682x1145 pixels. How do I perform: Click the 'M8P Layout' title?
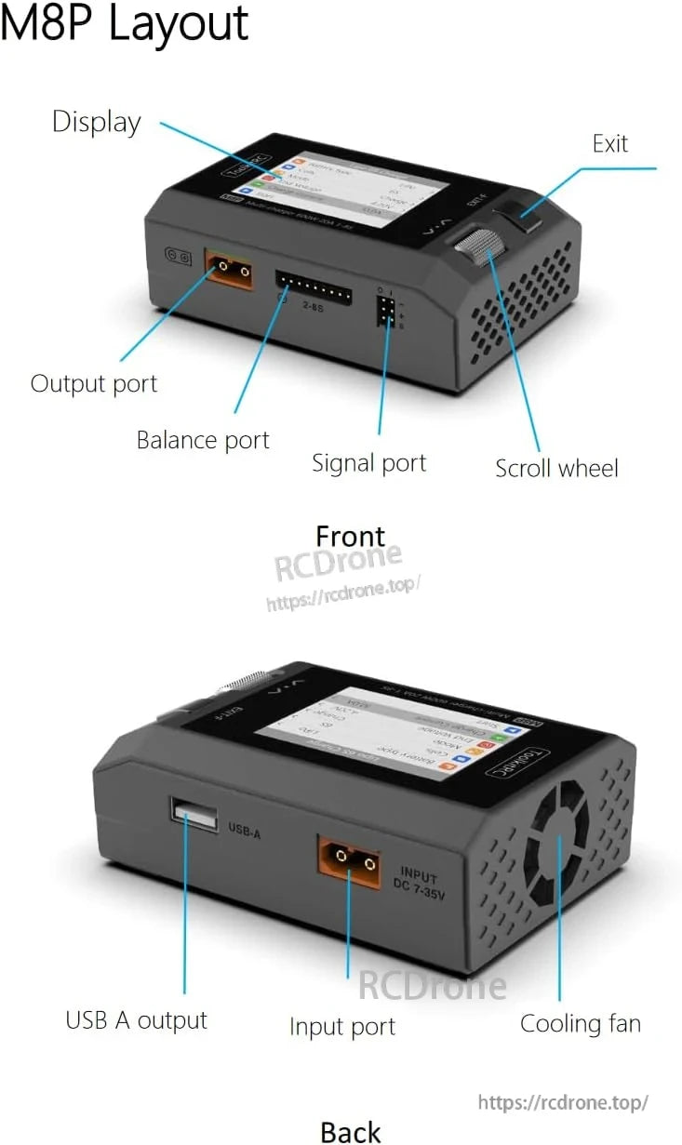pyautogui.click(x=125, y=24)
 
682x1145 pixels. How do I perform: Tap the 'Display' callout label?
pyautogui.click(x=96, y=122)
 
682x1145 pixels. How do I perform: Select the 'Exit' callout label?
pyautogui.click(x=609, y=143)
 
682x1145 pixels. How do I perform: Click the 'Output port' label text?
pyautogui.click(x=94, y=383)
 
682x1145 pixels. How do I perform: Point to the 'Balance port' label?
pyautogui.click(x=203, y=440)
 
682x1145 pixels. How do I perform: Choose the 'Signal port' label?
pyautogui.click(x=368, y=462)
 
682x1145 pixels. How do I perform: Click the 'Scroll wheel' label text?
pyautogui.click(x=555, y=468)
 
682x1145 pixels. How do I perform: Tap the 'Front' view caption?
pyautogui.click(x=350, y=537)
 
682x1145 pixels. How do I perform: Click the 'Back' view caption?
pyautogui.click(x=351, y=1131)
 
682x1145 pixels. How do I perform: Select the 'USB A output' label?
pyautogui.click(x=136, y=1020)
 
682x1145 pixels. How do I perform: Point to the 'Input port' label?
pyautogui.click(x=341, y=1027)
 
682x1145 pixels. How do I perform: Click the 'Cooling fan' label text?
pyautogui.click(x=580, y=1024)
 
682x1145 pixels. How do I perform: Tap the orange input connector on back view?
pyautogui.click(x=349, y=860)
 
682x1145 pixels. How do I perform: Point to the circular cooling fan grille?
pyautogui.click(x=556, y=844)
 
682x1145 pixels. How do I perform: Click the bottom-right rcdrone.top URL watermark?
pyautogui.click(x=562, y=1102)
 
